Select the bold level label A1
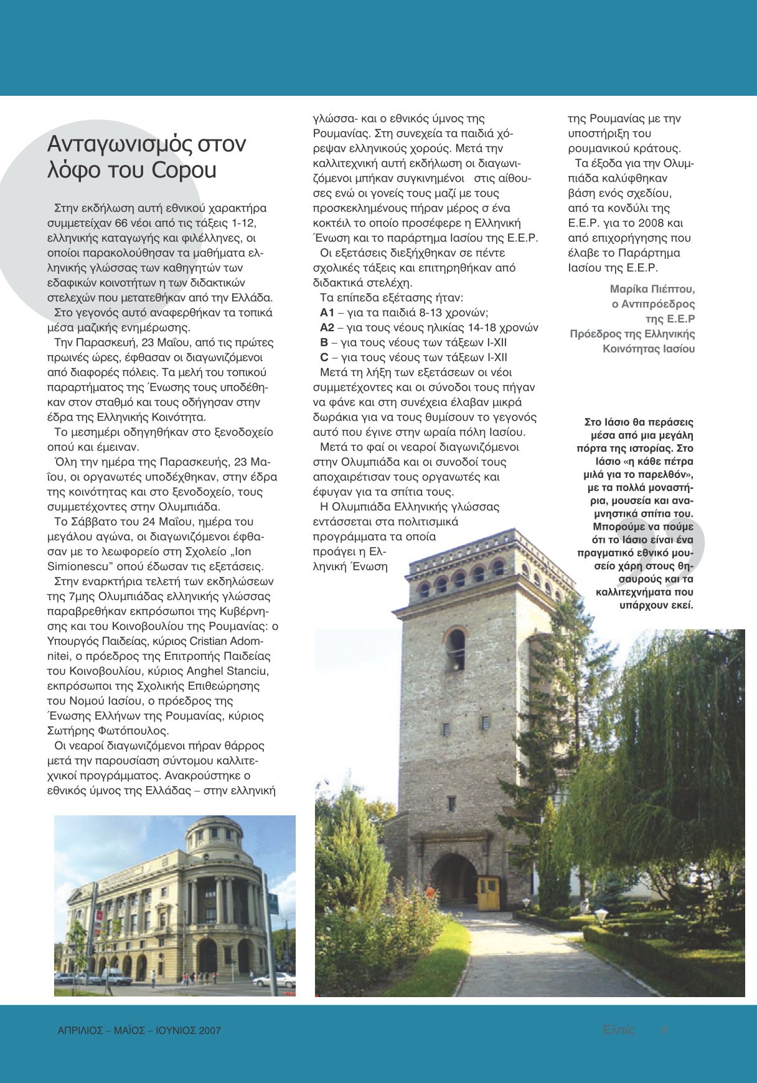(327, 312)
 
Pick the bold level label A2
(327, 327)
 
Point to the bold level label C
(324, 357)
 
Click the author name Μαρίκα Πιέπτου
(652, 289)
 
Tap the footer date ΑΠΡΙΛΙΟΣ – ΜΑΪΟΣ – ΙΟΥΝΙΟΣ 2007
(134, 1030)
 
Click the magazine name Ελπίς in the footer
(619, 1029)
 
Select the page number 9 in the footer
(664, 1029)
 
